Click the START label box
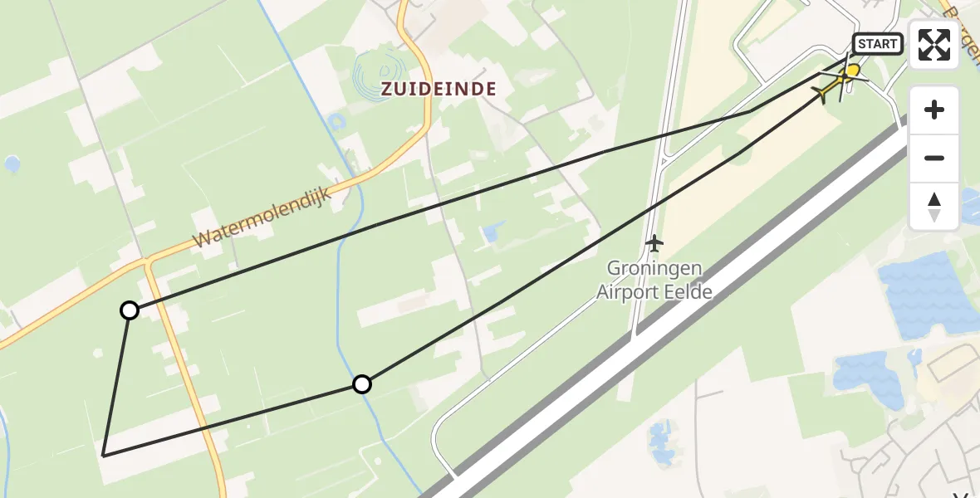tap(878, 44)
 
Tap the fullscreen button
tap(934, 45)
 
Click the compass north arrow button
tap(934, 207)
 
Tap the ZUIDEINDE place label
tap(439, 89)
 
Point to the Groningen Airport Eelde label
tap(654, 280)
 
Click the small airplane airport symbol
tap(654, 244)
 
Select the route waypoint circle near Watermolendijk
tap(130, 310)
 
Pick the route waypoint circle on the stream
tap(361, 384)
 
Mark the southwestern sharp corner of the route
tap(103, 455)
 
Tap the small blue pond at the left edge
tap(12, 164)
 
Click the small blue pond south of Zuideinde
tap(491, 233)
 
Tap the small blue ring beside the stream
tap(336, 123)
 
